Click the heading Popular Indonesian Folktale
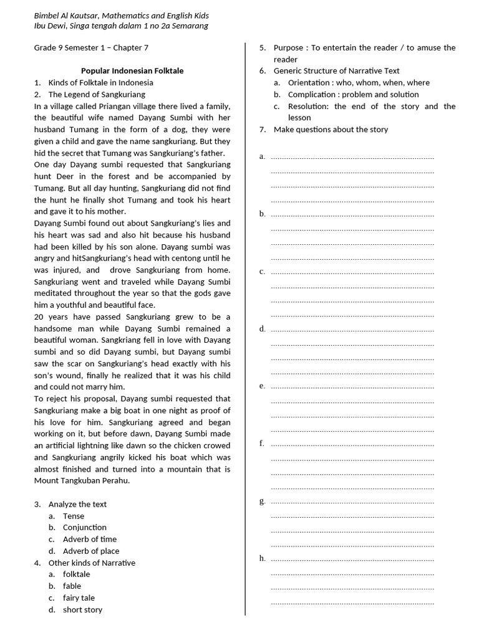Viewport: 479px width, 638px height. (x=132, y=71)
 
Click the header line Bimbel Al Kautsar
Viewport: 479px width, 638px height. (x=121, y=15)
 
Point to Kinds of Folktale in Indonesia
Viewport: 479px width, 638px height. (x=100, y=82)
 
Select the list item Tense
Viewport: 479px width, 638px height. (x=73, y=516)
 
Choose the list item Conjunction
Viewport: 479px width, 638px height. (x=84, y=527)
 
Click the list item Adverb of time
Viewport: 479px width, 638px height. (x=89, y=539)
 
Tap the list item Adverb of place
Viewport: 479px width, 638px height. (x=90, y=551)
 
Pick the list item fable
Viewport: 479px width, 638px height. (x=72, y=586)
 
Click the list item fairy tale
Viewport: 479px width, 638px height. (x=79, y=598)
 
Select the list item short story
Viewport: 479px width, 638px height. (x=82, y=609)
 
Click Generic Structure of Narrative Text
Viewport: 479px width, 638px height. (x=336, y=71)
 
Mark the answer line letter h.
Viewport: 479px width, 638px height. (x=262, y=558)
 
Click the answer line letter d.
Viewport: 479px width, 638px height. (x=262, y=329)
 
